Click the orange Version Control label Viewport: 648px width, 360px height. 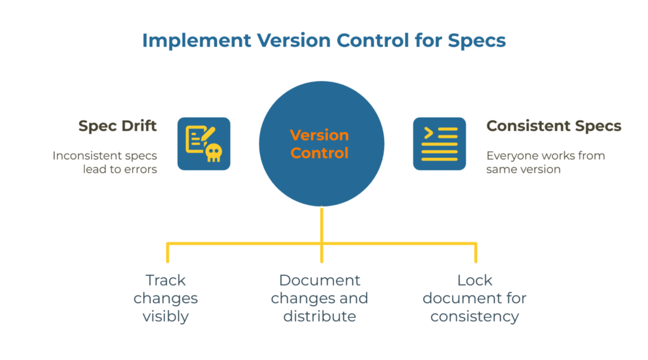tap(320, 144)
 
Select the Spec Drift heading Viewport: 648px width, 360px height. tap(118, 126)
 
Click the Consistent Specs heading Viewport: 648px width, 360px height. tap(554, 126)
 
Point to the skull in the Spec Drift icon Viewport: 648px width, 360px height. tap(214, 152)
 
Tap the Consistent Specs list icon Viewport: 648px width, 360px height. tap(439, 144)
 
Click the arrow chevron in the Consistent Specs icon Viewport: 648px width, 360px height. tap(428, 133)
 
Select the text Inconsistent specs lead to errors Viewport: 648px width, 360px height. tap(105, 162)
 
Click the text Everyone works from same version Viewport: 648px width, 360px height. tap(545, 162)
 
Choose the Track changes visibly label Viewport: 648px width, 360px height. tap(165, 298)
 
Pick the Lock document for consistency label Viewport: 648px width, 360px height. tap(475, 298)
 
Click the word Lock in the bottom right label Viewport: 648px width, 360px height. tap(475, 280)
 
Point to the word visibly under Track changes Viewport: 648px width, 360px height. tap(165, 316)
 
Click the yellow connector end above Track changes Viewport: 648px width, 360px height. tap(168, 258)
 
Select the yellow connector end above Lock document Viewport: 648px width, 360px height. tap(475, 258)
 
